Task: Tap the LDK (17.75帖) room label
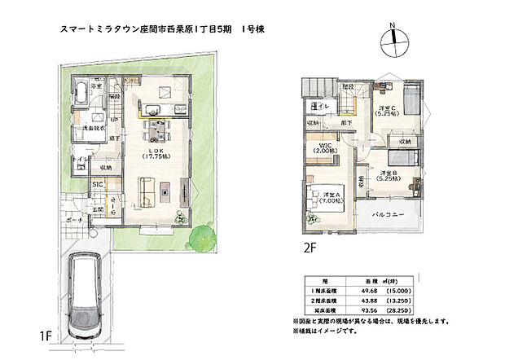pyautogui.click(x=152, y=153)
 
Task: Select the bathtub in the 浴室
pyautogui.click(x=84, y=90)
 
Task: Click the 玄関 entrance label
pyautogui.click(x=99, y=209)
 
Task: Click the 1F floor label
pyautogui.click(x=46, y=333)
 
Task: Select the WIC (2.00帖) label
pyautogui.click(x=328, y=147)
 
